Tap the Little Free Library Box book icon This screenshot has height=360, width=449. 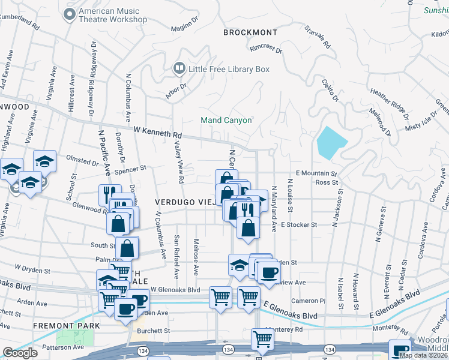(x=179, y=69)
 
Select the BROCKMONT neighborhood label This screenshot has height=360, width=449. (x=250, y=32)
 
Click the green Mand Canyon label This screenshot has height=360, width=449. (x=226, y=120)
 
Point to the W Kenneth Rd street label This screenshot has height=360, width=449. (x=157, y=130)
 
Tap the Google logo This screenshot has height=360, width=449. (x=20, y=353)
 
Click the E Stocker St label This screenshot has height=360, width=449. (x=297, y=224)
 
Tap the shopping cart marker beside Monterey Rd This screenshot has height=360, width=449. (x=263, y=339)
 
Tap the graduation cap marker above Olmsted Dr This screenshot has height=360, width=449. (x=44, y=161)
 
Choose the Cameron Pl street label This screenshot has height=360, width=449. (x=310, y=300)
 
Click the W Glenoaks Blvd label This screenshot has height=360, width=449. (x=175, y=290)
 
